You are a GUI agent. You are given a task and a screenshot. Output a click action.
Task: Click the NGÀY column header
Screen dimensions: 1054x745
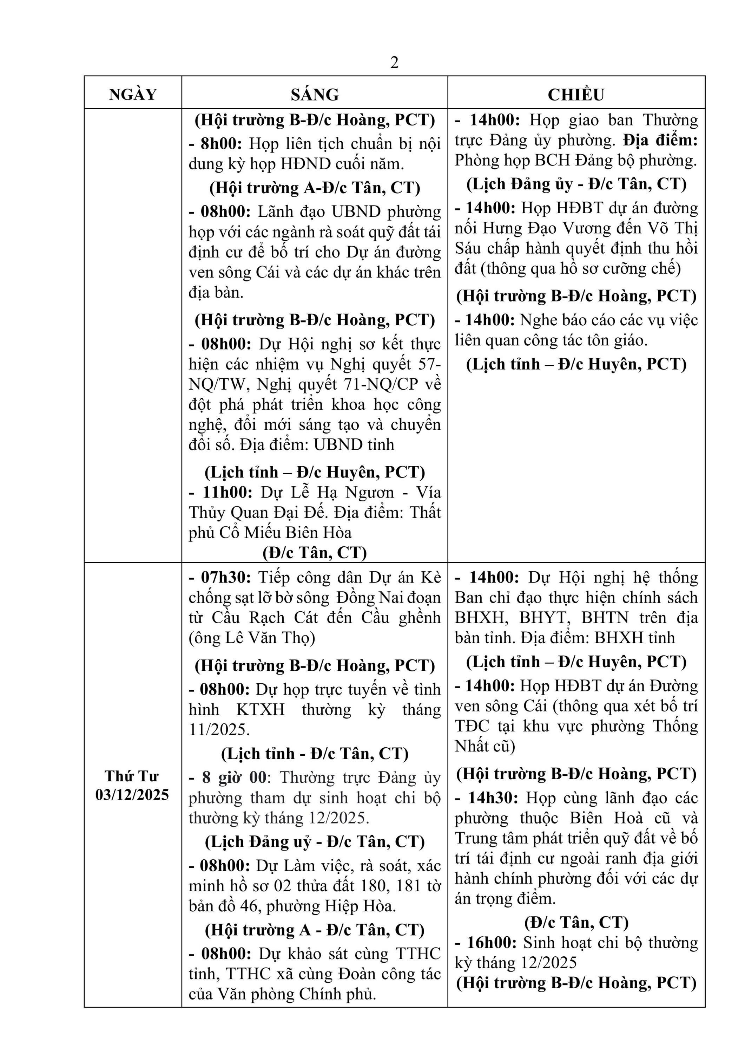(133, 95)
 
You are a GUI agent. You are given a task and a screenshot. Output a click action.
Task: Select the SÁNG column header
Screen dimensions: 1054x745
(315, 95)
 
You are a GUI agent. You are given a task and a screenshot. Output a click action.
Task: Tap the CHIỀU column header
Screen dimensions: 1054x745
(576, 95)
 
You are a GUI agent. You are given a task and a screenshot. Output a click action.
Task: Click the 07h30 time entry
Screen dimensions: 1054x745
(226, 578)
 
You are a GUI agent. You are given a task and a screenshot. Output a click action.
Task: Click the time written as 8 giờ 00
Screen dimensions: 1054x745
(234, 778)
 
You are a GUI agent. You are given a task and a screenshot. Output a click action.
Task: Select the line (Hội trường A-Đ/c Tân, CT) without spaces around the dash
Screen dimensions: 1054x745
(315, 188)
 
